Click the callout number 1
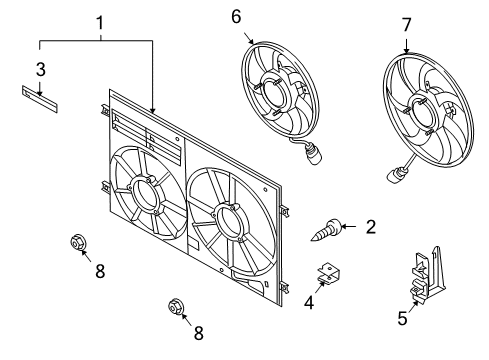[100, 23]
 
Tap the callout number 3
[40, 70]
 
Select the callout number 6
[236, 17]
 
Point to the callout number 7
[406, 25]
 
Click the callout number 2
[371, 227]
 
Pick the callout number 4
[309, 303]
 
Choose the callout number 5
[402, 318]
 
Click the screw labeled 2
[326, 230]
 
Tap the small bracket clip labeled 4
[328, 272]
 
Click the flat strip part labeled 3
[40, 99]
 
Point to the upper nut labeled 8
[79, 242]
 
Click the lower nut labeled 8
[176, 306]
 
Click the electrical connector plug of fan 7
[394, 175]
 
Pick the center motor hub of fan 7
[420, 113]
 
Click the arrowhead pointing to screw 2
[344, 227]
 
